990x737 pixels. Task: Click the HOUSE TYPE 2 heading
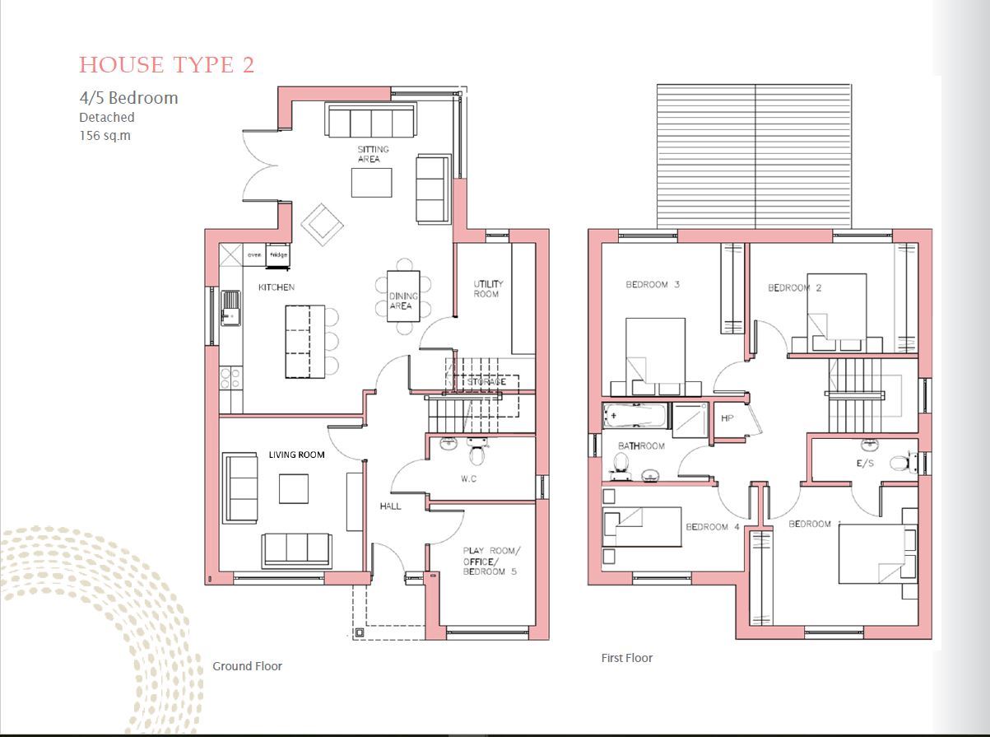166,65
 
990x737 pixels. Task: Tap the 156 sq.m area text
105,135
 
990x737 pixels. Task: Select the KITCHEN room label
277,287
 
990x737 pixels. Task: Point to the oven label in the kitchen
254,255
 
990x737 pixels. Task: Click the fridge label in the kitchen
278,255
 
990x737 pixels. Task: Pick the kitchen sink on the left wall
230,308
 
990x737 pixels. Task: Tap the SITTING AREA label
372,154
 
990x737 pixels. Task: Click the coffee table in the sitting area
372,182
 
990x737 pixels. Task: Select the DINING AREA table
402,296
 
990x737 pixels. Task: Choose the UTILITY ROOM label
487,289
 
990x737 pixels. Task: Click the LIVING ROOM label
296,455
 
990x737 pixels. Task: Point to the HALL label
391,506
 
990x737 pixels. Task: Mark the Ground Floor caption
247,666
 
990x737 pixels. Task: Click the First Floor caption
627,658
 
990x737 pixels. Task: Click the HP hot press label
727,418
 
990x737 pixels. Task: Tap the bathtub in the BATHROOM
636,417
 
